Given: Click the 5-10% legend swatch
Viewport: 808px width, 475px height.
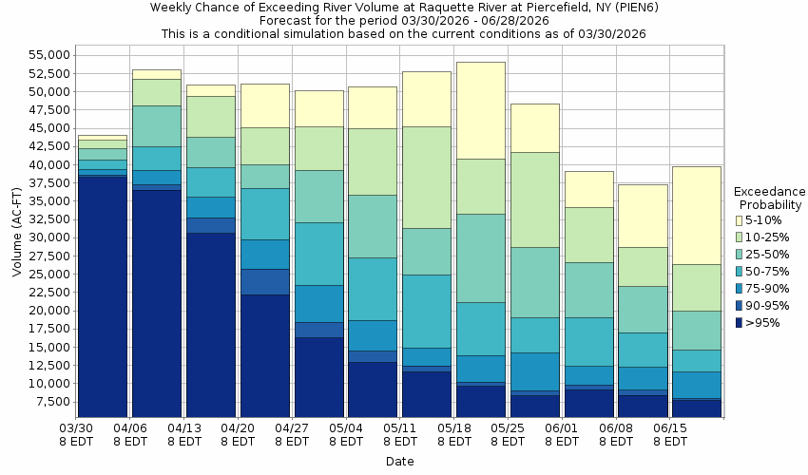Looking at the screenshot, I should pos(739,219).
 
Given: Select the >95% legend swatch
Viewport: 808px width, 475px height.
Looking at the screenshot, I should pos(739,322).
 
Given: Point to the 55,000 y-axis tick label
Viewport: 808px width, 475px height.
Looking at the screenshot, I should pos(45,56).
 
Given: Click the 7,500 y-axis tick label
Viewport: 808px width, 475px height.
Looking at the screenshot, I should pos(48,402).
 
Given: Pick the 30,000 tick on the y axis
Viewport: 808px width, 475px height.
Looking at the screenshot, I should pos(45,238).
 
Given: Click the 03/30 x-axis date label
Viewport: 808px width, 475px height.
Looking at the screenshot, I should pos(76,429).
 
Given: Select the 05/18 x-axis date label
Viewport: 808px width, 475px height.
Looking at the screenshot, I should pos(454,429).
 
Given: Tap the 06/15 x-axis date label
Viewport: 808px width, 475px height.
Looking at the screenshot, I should pos(670,429).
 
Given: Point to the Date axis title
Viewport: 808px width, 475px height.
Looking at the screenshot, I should pos(399,462).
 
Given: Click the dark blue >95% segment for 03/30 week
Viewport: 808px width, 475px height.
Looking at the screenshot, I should pos(103,294).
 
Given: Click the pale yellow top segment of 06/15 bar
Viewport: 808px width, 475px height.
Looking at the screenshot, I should pos(697,215).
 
